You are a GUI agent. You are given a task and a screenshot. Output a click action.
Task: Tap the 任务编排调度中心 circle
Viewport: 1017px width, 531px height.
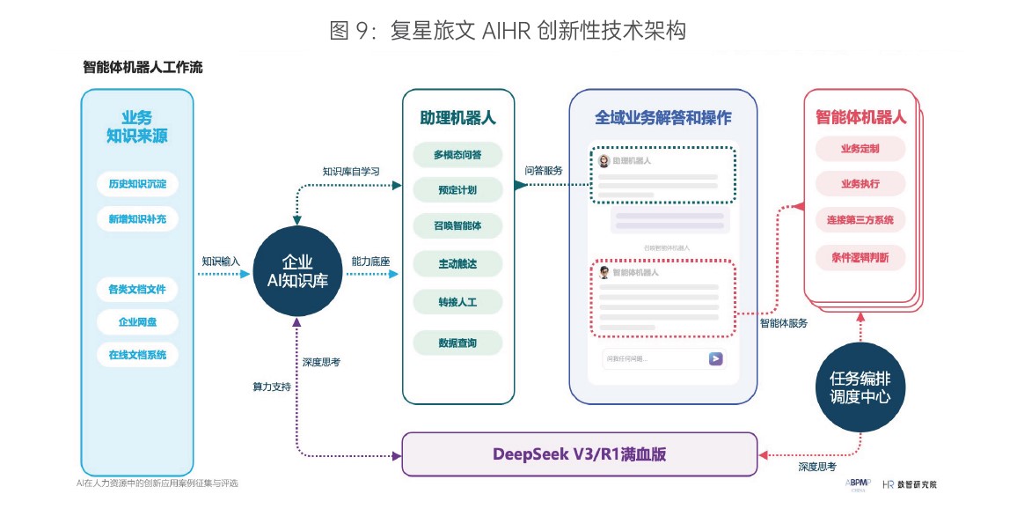(x=860, y=387)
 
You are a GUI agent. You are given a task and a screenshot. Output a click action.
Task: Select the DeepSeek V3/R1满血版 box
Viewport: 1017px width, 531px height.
(x=579, y=454)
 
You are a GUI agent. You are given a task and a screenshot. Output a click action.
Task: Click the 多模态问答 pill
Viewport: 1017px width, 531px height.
(x=457, y=155)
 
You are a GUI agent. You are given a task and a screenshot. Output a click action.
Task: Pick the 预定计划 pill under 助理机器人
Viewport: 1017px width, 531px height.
(x=457, y=190)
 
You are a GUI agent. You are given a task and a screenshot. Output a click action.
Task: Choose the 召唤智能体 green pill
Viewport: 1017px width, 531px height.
(x=457, y=226)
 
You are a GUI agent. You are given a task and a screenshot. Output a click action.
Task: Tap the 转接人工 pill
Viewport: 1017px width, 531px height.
(x=457, y=302)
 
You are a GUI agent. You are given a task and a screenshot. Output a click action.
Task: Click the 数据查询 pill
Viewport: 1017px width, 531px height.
(x=457, y=343)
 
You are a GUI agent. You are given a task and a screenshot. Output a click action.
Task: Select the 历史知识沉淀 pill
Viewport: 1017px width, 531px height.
(x=137, y=185)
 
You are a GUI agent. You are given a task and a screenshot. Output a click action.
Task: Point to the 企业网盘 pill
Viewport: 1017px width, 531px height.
(x=137, y=322)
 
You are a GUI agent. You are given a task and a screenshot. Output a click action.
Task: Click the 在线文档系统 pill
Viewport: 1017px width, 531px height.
(x=137, y=355)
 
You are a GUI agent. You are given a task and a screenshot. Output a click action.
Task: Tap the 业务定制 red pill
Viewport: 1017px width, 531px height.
(x=860, y=149)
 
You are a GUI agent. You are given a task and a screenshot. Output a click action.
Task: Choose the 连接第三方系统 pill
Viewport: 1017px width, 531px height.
(x=860, y=220)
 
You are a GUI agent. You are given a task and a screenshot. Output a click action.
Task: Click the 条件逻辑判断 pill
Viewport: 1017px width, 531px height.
(x=860, y=258)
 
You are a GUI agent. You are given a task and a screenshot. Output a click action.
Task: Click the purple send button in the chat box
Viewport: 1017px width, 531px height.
(x=716, y=358)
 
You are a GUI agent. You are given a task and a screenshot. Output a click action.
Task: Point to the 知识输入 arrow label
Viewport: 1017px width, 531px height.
(x=221, y=262)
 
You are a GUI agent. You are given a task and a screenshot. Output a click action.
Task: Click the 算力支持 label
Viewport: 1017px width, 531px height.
(x=271, y=387)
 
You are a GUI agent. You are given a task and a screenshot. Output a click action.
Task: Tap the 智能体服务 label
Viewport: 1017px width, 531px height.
(x=783, y=323)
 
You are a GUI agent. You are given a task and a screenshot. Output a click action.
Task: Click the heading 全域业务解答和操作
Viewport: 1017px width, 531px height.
(x=662, y=117)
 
